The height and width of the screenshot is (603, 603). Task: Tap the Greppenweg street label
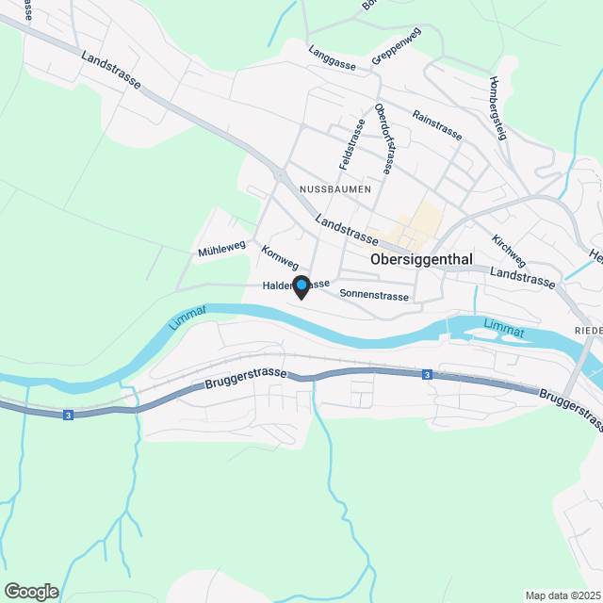click(x=396, y=45)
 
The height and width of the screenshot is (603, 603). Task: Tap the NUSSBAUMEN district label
click(x=334, y=189)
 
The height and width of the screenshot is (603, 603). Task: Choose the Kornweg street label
click(x=280, y=259)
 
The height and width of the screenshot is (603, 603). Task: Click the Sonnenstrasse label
click(x=374, y=295)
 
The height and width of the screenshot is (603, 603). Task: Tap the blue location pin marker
click(x=301, y=285)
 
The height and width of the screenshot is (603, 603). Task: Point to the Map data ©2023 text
click(x=562, y=595)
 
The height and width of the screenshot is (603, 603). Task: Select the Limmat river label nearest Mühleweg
click(x=187, y=318)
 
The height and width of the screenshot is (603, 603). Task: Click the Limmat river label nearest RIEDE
click(x=503, y=327)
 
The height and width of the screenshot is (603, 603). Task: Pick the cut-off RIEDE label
click(x=588, y=330)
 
